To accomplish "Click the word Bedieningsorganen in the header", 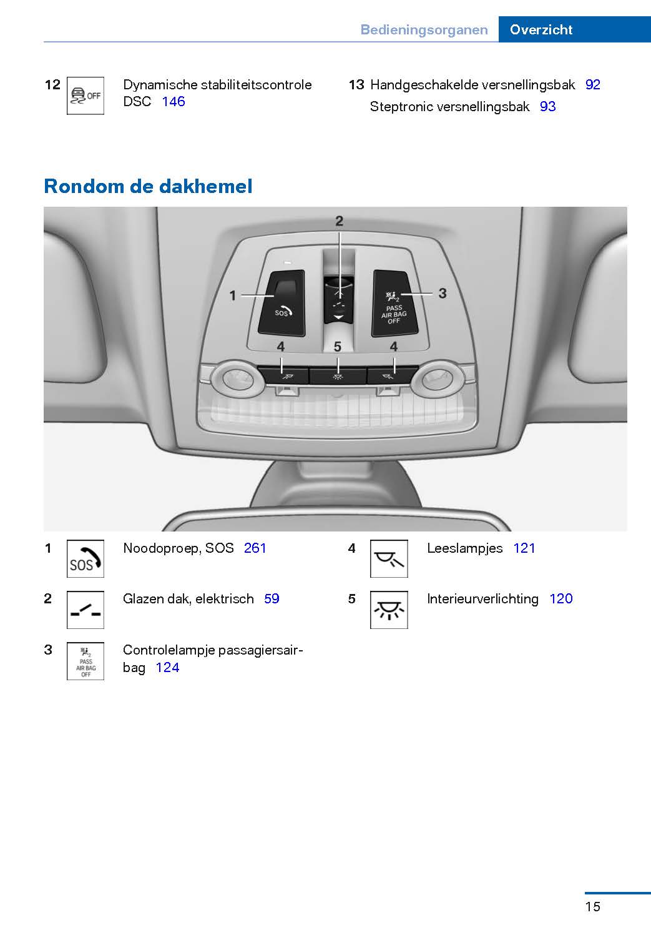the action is [x=424, y=30].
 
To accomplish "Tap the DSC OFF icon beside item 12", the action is [x=86, y=96].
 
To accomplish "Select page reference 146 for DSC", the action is [x=174, y=101].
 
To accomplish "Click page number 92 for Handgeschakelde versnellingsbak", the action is [x=592, y=85].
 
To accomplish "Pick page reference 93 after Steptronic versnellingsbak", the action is [x=547, y=107].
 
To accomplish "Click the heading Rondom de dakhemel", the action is [x=148, y=186].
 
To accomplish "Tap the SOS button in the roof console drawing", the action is [x=281, y=303].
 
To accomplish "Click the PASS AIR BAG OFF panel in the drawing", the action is [x=394, y=303].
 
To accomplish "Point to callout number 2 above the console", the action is [x=340, y=221].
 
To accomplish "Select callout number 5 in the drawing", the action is [x=338, y=346].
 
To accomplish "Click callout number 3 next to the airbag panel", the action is [x=443, y=293].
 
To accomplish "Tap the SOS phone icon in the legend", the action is [x=86, y=558].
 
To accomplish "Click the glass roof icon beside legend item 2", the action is [x=86, y=610].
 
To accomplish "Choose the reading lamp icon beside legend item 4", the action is [x=389, y=558].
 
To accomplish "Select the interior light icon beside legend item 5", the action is [x=389, y=610].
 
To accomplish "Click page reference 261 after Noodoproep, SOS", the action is [x=255, y=548].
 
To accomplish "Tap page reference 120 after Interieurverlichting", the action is [x=561, y=599].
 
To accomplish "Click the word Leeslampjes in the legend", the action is [x=465, y=548].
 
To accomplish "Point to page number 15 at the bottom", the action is [x=592, y=906].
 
